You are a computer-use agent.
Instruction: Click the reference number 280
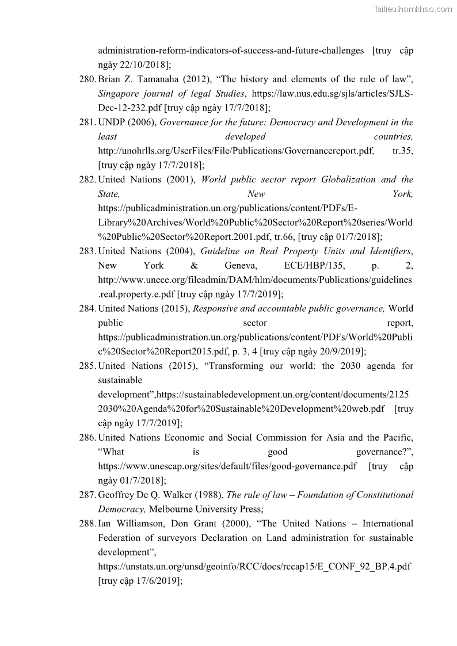point(87,79)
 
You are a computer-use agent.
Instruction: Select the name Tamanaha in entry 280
point(155,79)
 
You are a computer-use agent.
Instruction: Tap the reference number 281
point(87,123)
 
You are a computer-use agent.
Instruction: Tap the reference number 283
point(87,251)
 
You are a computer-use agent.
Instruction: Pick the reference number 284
point(87,309)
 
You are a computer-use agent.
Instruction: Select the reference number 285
point(87,366)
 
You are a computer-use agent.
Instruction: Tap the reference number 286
point(87,438)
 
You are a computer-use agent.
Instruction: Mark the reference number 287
point(87,495)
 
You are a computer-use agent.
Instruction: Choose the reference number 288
point(87,524)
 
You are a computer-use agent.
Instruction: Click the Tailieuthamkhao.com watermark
point(413,9)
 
